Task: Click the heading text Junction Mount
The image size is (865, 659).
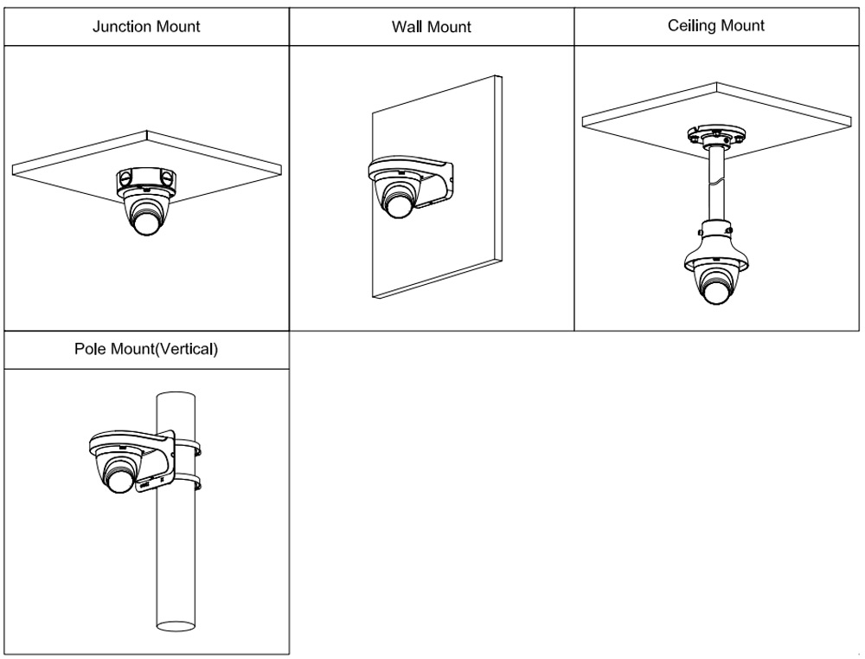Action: point(146,26)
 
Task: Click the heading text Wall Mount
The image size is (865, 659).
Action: point(431,27)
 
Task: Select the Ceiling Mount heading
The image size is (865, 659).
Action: point(716,25)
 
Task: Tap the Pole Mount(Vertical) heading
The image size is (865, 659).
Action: point(146,351)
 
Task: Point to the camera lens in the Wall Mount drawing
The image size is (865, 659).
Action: point(399,204)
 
